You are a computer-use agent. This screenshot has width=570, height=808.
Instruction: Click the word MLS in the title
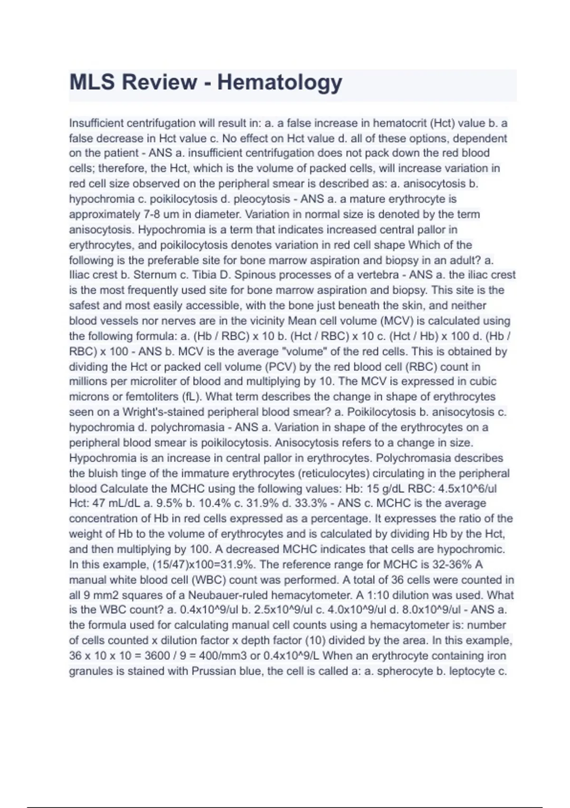92,82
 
